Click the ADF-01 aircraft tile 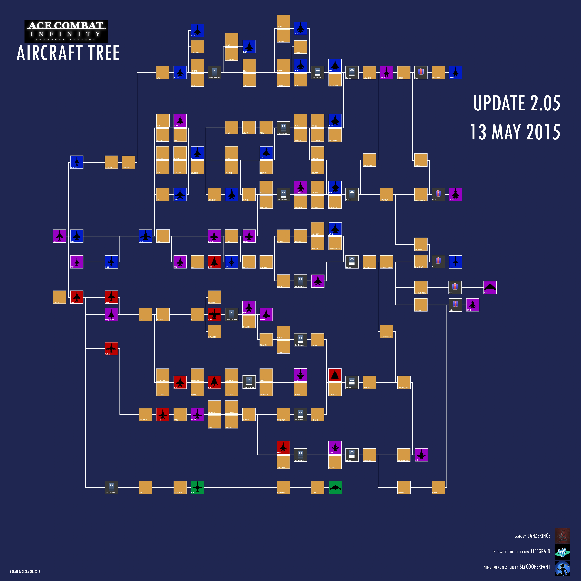[x=455, y=72]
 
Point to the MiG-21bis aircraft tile [x=77, y=162]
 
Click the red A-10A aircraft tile [x=214, y=314]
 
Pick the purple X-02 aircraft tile [x=421, y=455]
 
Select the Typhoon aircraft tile [x=266, y=153]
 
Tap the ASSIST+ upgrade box [x=60, y=297]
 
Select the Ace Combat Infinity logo [x=66, y=31]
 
